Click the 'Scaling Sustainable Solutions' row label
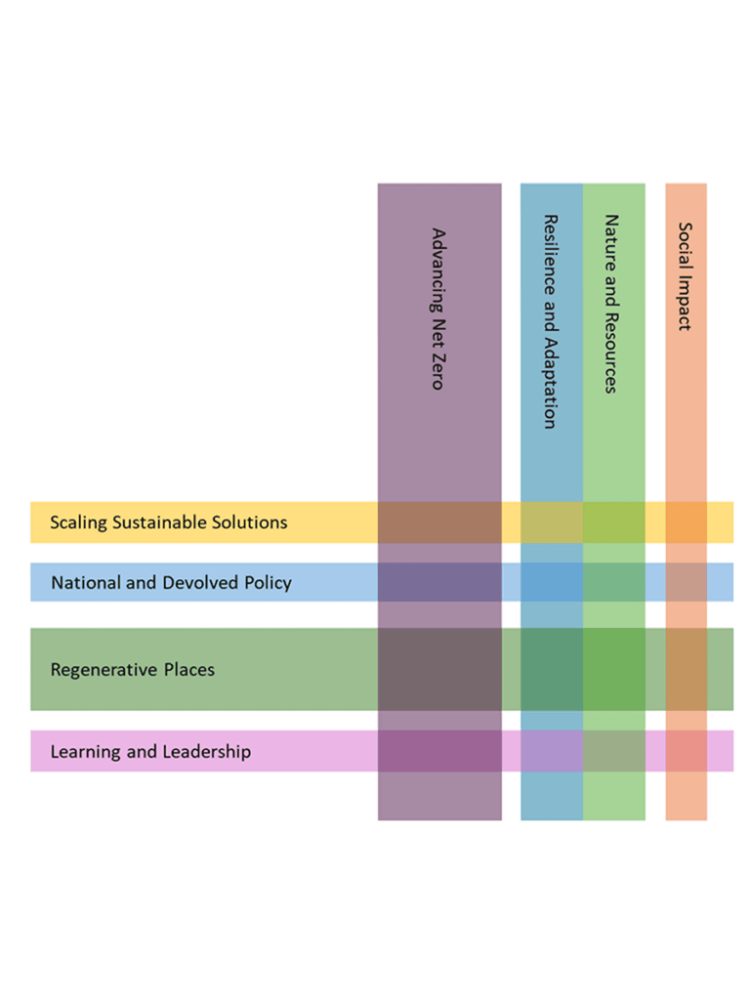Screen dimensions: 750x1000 (169, 522)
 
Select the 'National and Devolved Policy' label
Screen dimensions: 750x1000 (172, 582)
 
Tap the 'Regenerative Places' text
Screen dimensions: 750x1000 (133, 670)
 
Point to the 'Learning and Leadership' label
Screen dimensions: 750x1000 (150, 751)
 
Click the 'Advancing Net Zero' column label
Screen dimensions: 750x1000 (438, 309)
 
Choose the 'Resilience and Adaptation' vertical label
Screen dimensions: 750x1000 (551, 321)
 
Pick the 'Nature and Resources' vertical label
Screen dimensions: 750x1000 (611, 304)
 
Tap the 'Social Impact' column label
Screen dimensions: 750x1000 (685, 276)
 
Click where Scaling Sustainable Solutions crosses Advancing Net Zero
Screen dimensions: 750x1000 (439, 522)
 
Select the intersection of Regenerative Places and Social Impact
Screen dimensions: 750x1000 (687, 669)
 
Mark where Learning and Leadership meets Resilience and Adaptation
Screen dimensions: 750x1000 (552, 751)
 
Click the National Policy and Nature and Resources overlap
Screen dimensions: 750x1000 (614, 582)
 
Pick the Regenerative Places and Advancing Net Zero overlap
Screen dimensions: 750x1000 (439, 669)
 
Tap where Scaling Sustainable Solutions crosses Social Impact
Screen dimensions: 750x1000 (687, 522)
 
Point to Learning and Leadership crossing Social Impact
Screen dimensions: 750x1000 (687, 751)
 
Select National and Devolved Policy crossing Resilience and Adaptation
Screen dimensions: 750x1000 (552, 582)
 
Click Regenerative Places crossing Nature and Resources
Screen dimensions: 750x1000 (614, 669)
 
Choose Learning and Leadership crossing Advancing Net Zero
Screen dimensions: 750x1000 (439, 751)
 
